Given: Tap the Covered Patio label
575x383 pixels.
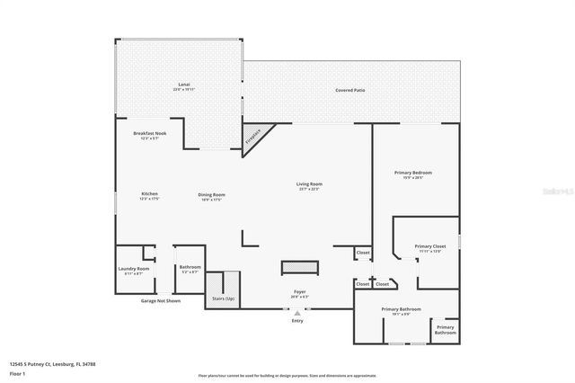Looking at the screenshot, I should (350, 91).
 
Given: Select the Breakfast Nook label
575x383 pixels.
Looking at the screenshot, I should (149, 133).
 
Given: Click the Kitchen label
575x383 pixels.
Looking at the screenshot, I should (149, 194).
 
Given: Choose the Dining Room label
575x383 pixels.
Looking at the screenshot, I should (212, 194).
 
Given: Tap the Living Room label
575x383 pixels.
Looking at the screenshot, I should (310, 184).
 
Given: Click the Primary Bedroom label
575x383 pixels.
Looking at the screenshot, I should (413, 173).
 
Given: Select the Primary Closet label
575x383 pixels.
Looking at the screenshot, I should (430, 246).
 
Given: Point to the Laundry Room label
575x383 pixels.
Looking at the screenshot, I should (134, 268).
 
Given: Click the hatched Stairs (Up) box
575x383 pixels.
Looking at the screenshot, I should (224, 289).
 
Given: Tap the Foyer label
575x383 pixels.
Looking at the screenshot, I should (299, 291).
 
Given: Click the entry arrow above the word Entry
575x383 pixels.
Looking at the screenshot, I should (297, 312).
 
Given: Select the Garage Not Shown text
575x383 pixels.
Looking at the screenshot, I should (161, 301).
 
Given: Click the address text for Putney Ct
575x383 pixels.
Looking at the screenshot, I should (52, 364).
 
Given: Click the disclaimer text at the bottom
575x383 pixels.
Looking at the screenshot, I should (287, 375).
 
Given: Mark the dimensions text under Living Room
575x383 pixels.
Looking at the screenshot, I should (310, 190).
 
